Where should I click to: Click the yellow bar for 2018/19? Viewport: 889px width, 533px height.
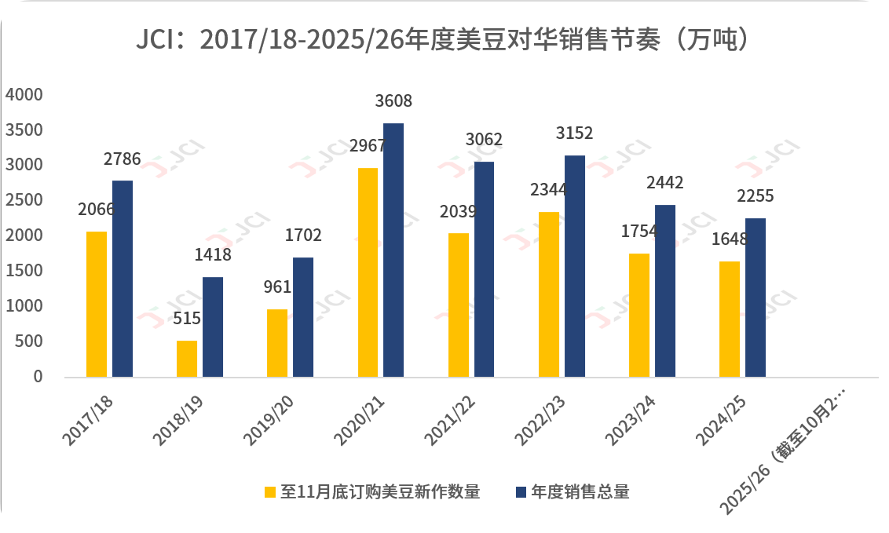(x=187, y=359)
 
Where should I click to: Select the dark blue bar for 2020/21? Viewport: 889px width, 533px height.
(x=393, y=250)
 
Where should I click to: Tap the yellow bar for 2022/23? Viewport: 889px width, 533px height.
(x=549, y=294)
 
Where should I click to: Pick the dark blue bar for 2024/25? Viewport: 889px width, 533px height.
(x=755, y=298)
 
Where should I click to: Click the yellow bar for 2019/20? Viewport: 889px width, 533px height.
(x=277, y=343)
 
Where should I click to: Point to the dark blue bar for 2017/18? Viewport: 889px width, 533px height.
(x=123, y=279)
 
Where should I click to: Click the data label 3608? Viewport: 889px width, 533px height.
(x=393, y=101)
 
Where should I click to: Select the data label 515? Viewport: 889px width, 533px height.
(x=187, y=319)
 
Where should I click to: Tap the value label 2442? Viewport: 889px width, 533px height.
(x=665, y=183)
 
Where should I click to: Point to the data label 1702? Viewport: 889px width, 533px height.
(x=303, y=235)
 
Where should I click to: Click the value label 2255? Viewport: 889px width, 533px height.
(x=755, y=196)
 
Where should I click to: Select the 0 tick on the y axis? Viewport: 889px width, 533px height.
(x=38, y=378)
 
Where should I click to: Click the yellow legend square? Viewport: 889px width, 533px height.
(x=270, y=492)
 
